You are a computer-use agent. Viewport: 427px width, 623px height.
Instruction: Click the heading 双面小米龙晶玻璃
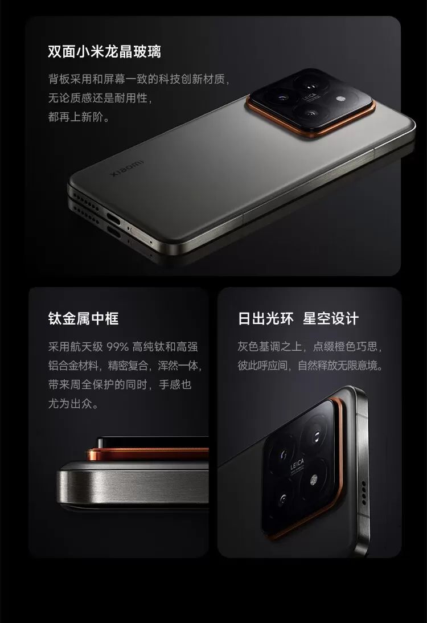coord(104,52)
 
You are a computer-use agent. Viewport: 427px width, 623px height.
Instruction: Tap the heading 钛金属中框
coord(84,318)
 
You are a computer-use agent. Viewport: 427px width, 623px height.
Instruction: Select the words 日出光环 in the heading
coord(266,318)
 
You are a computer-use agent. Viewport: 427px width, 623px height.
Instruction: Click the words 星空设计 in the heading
coord(331,318)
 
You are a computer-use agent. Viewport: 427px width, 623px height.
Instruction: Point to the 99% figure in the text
coord(118,347)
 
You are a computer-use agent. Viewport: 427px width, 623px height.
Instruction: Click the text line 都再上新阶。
coord(79,117)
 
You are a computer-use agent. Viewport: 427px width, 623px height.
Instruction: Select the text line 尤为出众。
coord(73,404)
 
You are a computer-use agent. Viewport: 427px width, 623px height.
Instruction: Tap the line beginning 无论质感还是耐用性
coord(100,98)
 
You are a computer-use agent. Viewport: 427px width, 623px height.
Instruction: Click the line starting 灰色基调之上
coord(310,346)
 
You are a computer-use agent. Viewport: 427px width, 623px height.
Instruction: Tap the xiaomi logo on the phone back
coord(127,169)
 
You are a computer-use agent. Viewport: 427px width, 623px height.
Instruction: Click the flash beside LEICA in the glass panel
coord(340,99)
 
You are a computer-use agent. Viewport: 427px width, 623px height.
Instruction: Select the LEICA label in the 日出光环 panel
coord(297,465)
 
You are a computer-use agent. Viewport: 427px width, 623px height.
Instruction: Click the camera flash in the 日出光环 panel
coord(313,481)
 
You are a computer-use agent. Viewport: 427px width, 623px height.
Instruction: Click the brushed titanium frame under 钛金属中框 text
coord(133,482)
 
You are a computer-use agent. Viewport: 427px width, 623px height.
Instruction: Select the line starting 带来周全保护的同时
coord(120,384)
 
